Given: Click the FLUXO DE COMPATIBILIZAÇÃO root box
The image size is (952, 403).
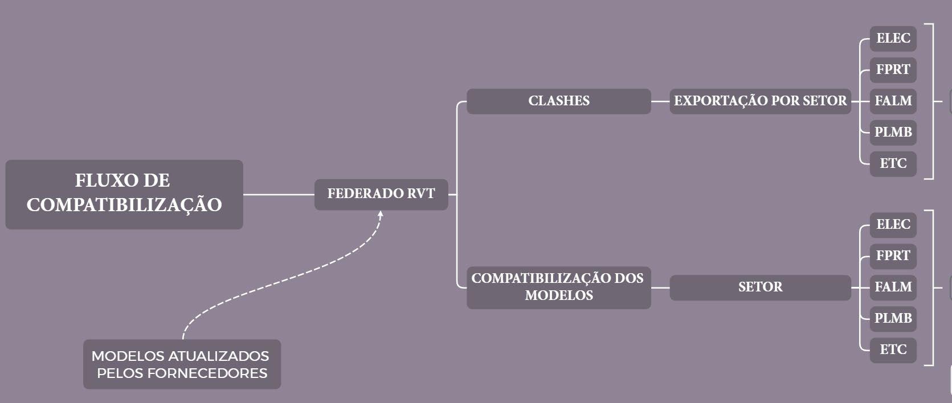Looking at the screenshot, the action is pyautogui.click(x=124, y=194).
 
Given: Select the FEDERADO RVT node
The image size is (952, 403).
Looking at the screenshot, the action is pyautogui.click(x=381, y=194).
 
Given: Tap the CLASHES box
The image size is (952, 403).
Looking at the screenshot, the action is pyautogui.click(x=558, y=101).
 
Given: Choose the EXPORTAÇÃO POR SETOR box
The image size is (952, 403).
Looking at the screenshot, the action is pyautogui.click(x=760, y=101).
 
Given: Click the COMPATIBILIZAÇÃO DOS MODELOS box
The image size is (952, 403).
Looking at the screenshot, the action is pyautogui.click(x=558, y=287).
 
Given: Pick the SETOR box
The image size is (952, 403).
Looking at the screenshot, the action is pyautogui.click(x=760, y=287).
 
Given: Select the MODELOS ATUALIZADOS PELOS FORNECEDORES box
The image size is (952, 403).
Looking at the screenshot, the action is pyautogui.click(x=182, y=364).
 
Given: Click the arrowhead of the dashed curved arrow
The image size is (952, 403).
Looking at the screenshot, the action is pyautogui.click(x=381, y=214).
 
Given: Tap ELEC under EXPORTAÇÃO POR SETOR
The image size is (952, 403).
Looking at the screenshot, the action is pyautogui.click(x=893, y=39).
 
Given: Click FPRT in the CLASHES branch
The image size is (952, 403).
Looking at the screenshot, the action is pyautogui.click(x=893, y=70).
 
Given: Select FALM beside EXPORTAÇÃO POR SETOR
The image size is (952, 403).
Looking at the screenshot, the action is pyautogui.click(x=893, y=101).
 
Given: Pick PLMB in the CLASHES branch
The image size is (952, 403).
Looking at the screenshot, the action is pyautogui.click(x=893, y=133).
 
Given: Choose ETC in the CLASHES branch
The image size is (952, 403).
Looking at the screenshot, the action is pyautogui.click(x=893, y=164).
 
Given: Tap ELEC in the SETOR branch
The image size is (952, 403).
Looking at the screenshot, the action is pyautogui.click(x=893, y=225).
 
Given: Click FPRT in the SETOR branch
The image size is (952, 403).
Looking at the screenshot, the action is pyautogui.click(x=893, y=256).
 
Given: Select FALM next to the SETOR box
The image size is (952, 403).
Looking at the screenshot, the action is pyautogui.click(x=893, y=287).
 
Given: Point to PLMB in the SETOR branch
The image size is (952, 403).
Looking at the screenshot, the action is pyautogui.click(x=893, y=319).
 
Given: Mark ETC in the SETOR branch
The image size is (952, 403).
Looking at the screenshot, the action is pyautogui.click(x=893, y=350).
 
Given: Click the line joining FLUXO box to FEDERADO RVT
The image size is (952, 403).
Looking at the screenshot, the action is pyautogui.click(x=279, y=195).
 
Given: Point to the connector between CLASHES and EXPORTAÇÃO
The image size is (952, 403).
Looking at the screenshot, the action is pyautogui.click(x=660, y=101).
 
